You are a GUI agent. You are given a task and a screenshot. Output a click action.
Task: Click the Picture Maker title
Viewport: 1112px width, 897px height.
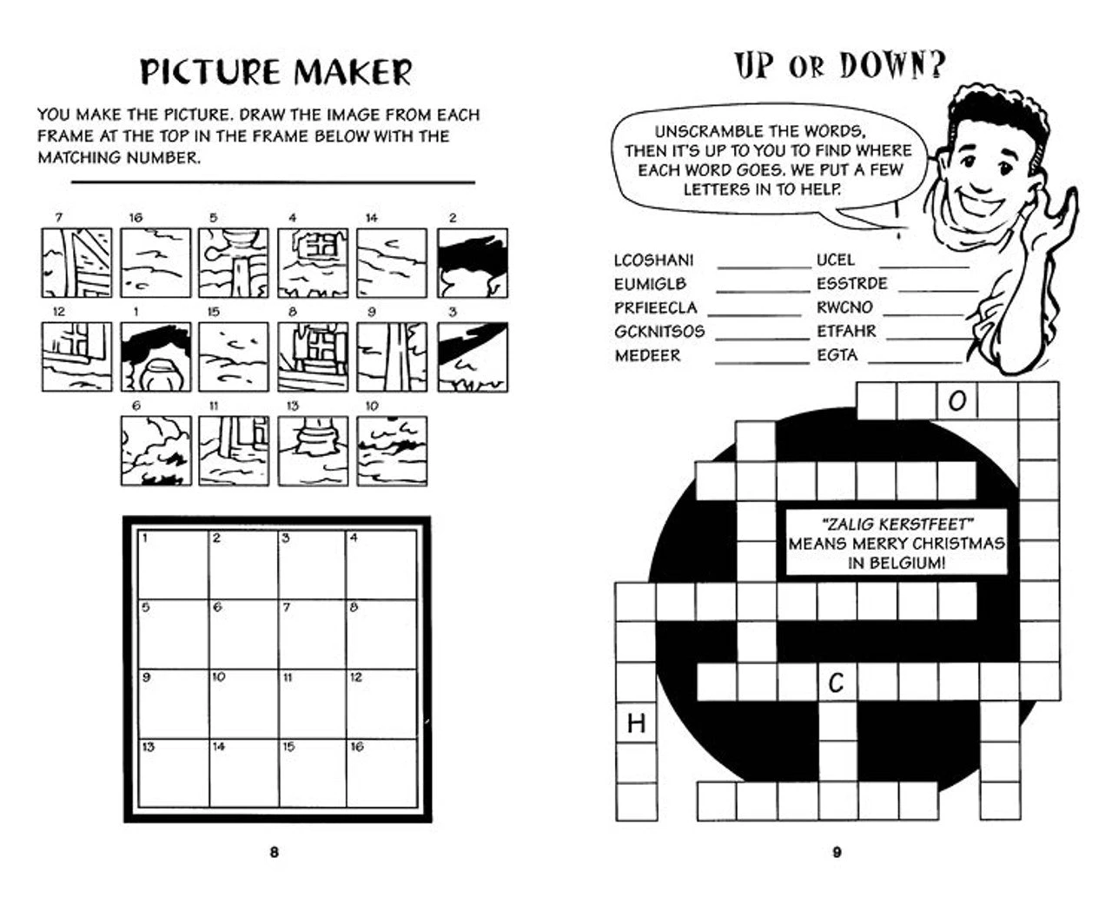[x=275, y=71]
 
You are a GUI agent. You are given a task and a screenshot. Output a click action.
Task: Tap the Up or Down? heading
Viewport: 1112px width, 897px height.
[x=839, y=65]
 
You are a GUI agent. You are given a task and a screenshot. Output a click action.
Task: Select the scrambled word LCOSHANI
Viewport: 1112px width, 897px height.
[x=653, y=260]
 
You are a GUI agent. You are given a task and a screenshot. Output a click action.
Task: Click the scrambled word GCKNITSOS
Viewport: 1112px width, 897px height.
[x=659, y=332]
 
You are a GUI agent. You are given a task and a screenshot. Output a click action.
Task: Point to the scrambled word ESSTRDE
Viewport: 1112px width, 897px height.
[x=852, y=283]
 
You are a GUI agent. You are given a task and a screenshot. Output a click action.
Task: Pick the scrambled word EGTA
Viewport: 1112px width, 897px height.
[x=837, y=355]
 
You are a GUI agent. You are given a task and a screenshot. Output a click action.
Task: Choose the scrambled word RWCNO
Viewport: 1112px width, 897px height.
[x=844, y=307]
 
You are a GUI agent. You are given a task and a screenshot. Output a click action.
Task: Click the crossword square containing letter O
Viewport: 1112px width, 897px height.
[x=957, y=401]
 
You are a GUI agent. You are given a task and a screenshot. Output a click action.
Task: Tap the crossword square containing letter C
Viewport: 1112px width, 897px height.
[x=837, y=682]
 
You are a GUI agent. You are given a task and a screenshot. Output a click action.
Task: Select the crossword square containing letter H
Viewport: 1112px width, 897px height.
[x=636, y=722]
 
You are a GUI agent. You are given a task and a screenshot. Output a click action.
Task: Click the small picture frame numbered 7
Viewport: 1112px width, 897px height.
[x=76, y=263]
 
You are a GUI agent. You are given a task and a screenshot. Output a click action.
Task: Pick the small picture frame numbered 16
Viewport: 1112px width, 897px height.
[x=156, y=263]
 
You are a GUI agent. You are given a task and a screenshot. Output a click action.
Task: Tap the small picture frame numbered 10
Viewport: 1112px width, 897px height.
[x=392, y=451]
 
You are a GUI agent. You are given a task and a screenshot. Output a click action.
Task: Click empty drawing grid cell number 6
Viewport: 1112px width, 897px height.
[x=243, y=634]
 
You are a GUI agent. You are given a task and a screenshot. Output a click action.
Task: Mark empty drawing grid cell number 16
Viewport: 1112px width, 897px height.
[x=382, y=773]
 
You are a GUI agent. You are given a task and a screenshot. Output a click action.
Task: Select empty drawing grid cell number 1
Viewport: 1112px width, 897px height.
[x=174, y=564]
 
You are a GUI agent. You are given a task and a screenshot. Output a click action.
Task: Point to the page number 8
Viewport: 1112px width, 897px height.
[x=274, y=852]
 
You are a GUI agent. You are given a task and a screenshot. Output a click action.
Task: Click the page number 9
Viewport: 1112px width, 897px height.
[x=837, y=852]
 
